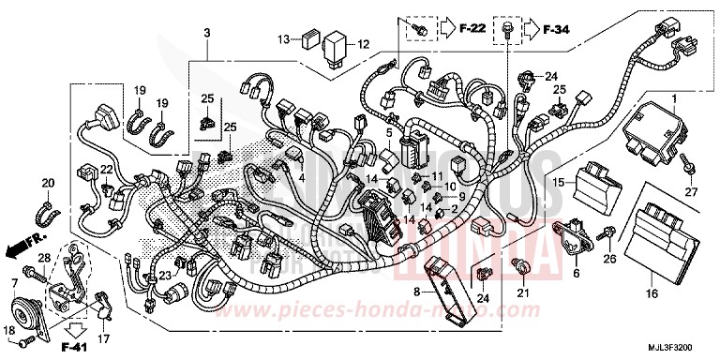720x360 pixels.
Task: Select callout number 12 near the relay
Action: click(362, 43)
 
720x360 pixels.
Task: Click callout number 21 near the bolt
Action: click(524, 298)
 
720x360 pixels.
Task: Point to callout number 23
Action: click(164, 275)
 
